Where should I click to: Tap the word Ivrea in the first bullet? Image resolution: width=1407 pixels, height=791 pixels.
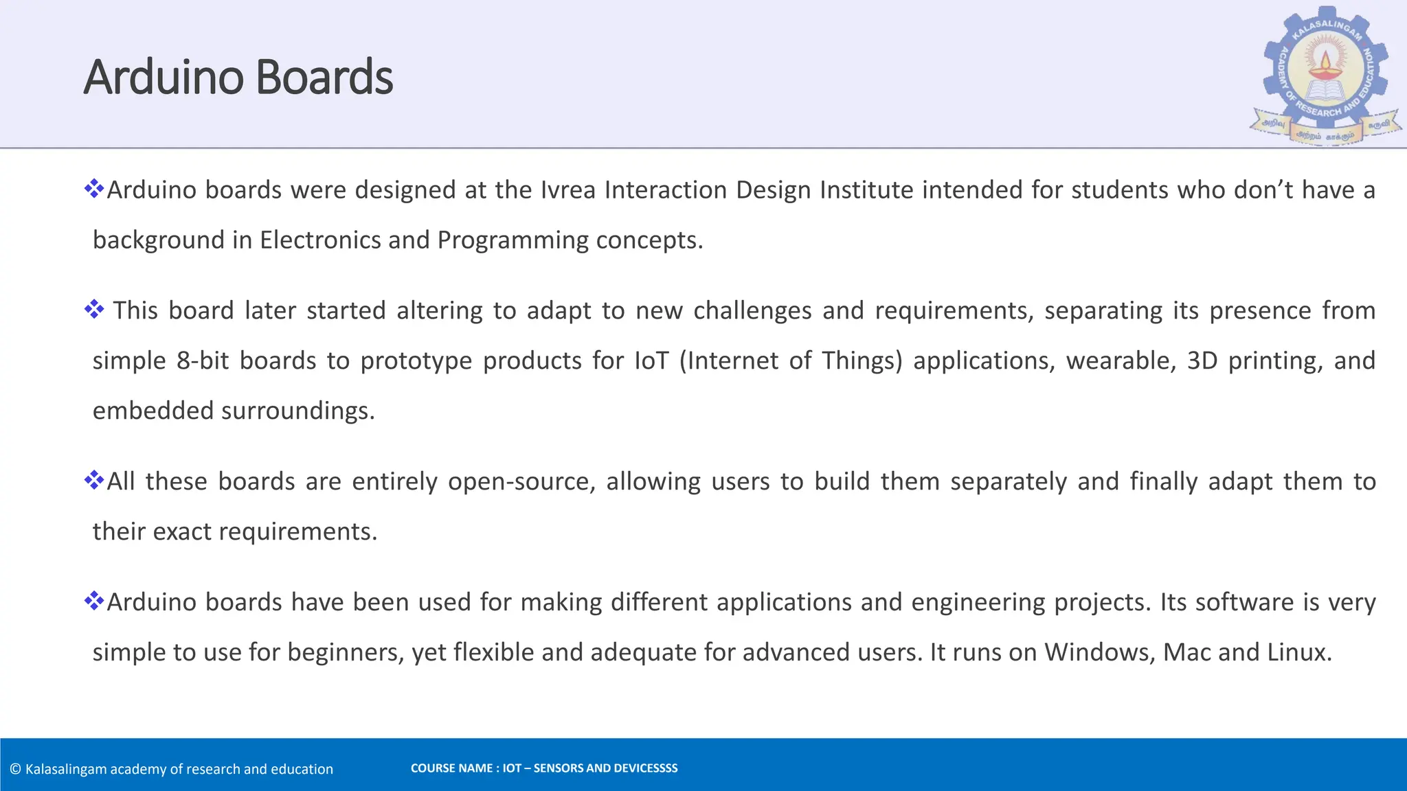point(568,190)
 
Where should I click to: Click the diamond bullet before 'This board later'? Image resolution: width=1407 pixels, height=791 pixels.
point(94,310)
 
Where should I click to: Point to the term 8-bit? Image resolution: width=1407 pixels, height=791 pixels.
point(203,361)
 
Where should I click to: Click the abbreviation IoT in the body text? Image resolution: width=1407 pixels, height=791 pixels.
point(651,361)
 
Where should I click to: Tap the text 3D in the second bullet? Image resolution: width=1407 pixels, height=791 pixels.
point(1202,361)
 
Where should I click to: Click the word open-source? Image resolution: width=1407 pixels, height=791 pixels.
point(521,482)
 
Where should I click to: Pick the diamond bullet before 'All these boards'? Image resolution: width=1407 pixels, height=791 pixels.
point(94,480)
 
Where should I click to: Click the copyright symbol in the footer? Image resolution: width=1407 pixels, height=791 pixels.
point(16,770)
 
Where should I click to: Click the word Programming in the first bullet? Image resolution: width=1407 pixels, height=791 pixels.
point(513,240)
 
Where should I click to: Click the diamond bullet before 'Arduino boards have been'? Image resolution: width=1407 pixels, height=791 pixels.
point(94,601)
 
